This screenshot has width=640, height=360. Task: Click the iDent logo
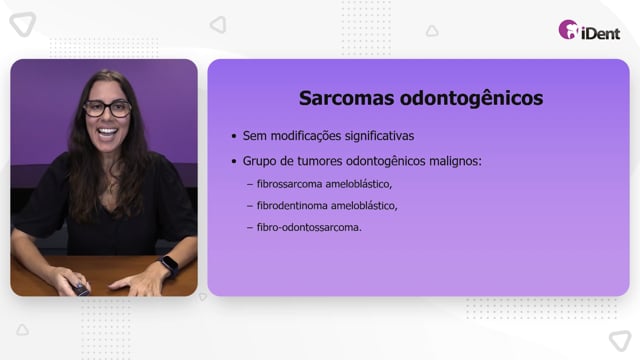[589, 30]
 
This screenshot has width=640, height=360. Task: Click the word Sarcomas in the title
[347, 98]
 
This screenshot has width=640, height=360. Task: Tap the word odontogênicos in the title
[471, 99]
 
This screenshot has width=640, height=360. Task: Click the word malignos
[455, 161]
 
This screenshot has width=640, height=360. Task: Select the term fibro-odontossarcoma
[309, 227]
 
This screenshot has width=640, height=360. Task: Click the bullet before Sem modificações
[234, 136]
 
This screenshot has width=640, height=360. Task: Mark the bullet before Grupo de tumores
[234, 161]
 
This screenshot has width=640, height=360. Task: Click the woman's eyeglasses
[107, 109]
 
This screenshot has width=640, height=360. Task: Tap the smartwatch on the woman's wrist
[169, 265]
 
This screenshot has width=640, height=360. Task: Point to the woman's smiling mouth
[107, 132]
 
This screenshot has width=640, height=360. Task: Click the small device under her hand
[81, 289]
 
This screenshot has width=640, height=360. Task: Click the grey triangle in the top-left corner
[23, 24]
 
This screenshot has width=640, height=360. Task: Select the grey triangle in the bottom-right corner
[620, 340]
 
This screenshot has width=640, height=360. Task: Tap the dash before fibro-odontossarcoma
[250, 227]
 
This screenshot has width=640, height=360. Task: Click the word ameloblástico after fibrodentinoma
[364, 206]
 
